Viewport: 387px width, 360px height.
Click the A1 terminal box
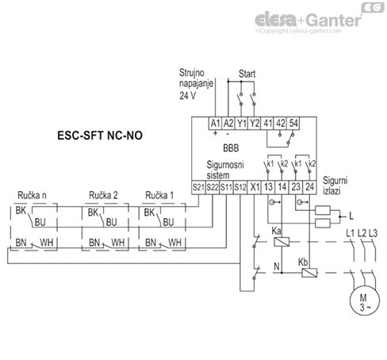[x=214, y=123]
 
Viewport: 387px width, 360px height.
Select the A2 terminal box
[x=228, y=123]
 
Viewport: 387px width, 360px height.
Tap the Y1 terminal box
[x=242, y=123]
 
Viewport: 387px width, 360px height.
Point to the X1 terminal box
[x=255, y=187]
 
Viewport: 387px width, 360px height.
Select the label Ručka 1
[x=160, y=195]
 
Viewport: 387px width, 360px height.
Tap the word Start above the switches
[x=247, y=74]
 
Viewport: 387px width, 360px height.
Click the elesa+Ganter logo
[x=313, y=20]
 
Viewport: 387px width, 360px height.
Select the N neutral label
[x=275, y=266]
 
